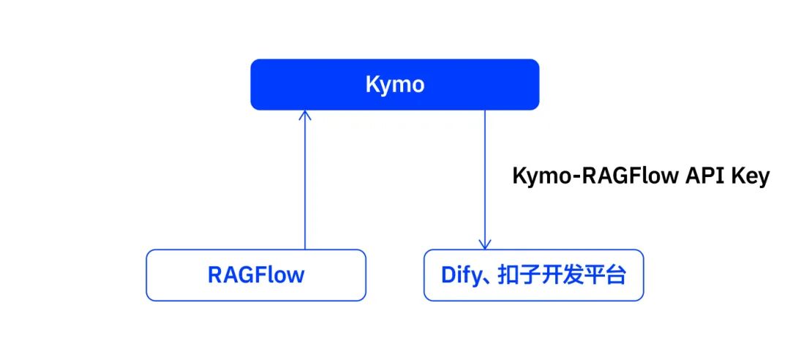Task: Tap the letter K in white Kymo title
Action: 372,85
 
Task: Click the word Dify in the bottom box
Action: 461,276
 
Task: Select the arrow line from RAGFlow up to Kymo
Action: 305,183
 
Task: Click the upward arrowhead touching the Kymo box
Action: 305,114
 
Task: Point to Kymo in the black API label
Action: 538,177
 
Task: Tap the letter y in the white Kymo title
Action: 385,86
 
